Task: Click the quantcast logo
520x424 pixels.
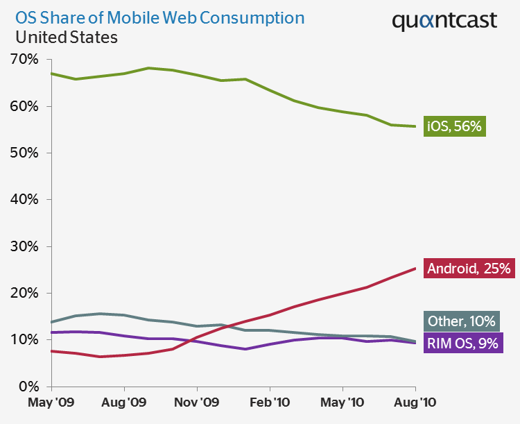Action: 444,21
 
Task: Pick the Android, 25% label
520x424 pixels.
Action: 469,268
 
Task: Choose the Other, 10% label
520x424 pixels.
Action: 460,321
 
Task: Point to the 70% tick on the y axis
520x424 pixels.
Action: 24,60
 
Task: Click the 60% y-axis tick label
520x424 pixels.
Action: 24,106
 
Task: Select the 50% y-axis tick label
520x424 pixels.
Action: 24,153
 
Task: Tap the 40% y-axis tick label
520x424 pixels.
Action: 24,200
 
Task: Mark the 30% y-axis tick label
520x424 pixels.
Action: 24,246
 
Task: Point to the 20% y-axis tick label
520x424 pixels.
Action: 24,293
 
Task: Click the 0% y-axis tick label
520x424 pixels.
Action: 28,387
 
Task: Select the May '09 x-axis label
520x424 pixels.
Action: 51,402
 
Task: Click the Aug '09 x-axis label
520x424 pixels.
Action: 124,402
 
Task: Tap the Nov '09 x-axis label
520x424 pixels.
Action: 197,402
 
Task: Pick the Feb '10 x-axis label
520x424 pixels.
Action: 270,402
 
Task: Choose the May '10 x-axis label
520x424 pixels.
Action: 343,402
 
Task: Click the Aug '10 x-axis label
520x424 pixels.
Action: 415,402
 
